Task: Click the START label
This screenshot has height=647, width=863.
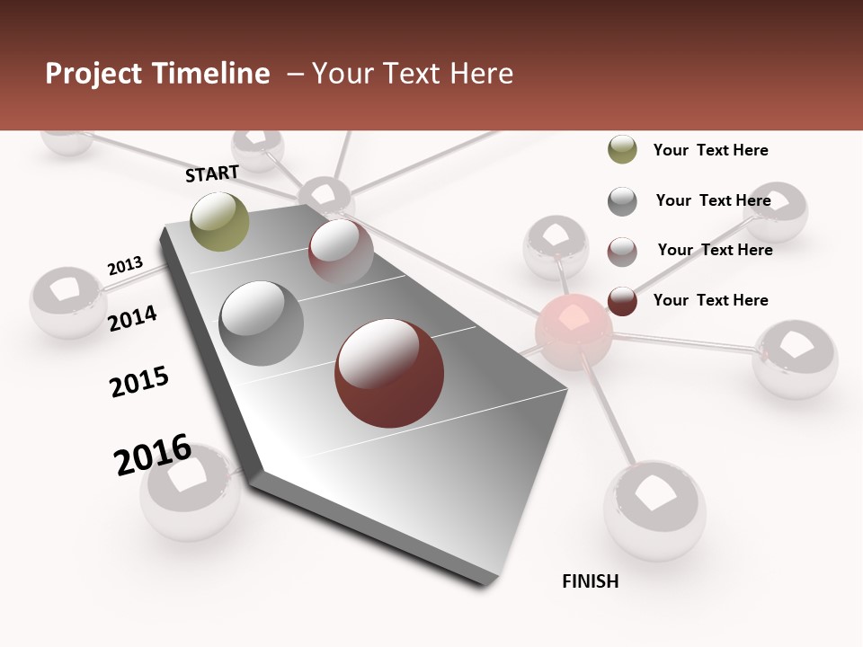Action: [x=212, y=173]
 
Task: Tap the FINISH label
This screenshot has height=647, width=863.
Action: [x=590, y=581]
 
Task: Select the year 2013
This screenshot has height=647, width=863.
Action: [x=125, y=266]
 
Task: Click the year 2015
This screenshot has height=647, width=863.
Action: [x=139, y=382]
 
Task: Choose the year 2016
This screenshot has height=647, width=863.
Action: [x=153, y=454]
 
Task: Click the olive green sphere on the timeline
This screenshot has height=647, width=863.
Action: [x=220, y=221]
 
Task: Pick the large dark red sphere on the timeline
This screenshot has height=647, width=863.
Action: [x=389, y=373]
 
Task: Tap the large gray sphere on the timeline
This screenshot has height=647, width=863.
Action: [x=262, y=323]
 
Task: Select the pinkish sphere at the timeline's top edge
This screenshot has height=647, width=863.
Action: [x=341, y=251]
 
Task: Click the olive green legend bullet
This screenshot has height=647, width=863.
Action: [x=622, y=150]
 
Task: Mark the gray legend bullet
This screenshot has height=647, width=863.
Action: [x=622, y=201]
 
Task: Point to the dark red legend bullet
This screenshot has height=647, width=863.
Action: [x=622, y=301]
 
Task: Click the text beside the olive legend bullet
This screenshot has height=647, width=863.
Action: [x=710, y=150]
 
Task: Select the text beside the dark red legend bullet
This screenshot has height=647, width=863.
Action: [x=710, y=300]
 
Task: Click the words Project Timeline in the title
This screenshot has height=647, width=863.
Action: [x=157, y=74]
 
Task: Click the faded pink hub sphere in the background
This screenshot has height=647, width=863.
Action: [x=574, y=332]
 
